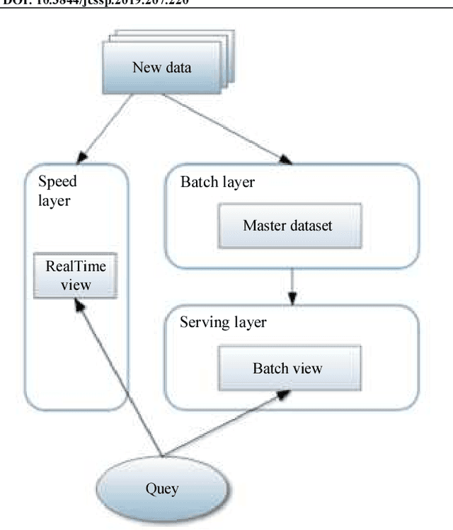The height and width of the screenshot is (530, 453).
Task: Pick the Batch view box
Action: coord(287,368)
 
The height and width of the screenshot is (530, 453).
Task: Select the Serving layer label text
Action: coord(223,323)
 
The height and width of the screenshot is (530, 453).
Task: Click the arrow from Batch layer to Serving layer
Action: coord(292,286)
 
